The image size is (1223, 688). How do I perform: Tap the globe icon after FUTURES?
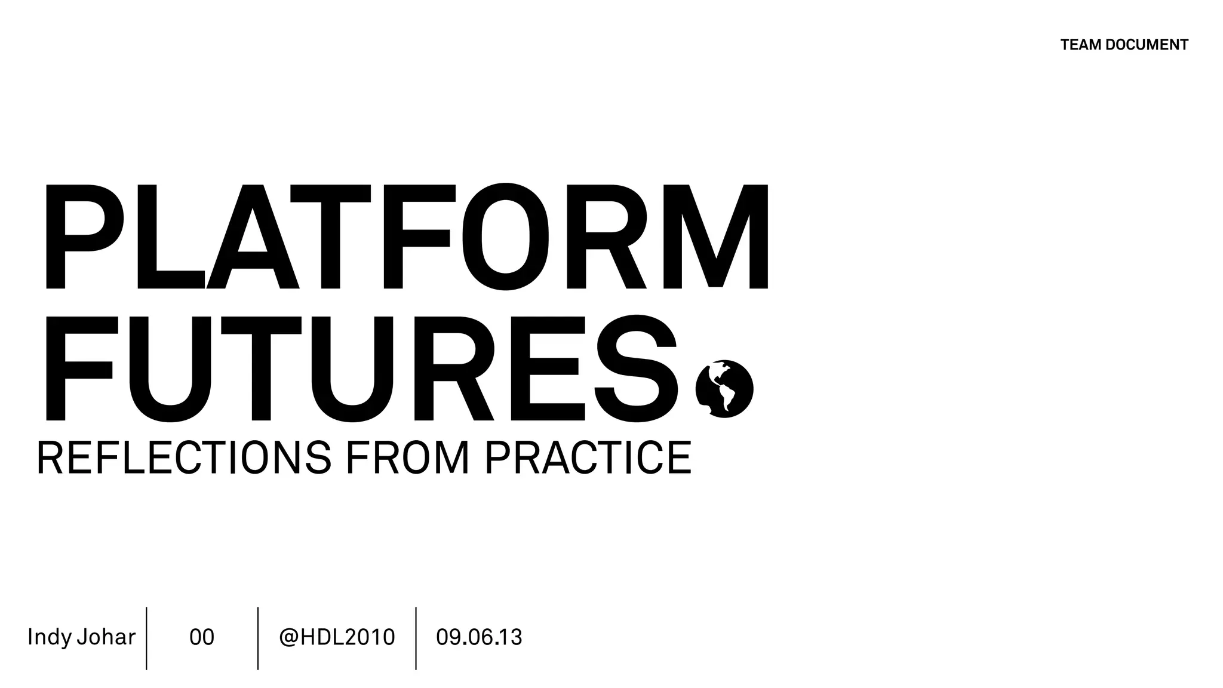[724, 389]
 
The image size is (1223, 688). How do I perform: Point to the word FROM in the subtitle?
[407, 458]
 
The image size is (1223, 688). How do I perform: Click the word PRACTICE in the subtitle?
[588, 458]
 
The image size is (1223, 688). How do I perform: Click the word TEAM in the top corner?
[1080, 45]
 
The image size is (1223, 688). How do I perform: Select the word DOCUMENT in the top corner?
[1147, 45]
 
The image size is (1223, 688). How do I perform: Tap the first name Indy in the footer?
[50, 637]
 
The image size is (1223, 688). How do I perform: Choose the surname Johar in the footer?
[106, 637]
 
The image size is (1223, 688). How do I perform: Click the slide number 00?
[202, 637]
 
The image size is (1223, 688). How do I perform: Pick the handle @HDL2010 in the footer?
[337, 637]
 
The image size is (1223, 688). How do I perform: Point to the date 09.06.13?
[479, 637]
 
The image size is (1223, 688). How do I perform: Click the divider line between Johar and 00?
[146, 638]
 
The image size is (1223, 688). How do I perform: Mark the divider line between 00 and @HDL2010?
[258, 638]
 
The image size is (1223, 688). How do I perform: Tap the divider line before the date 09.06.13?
[416, 638]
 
